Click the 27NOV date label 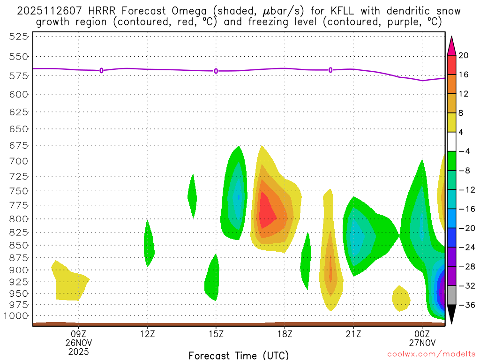[422, 342]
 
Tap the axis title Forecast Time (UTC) [239, 355]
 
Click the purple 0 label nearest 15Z [216, 71]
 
